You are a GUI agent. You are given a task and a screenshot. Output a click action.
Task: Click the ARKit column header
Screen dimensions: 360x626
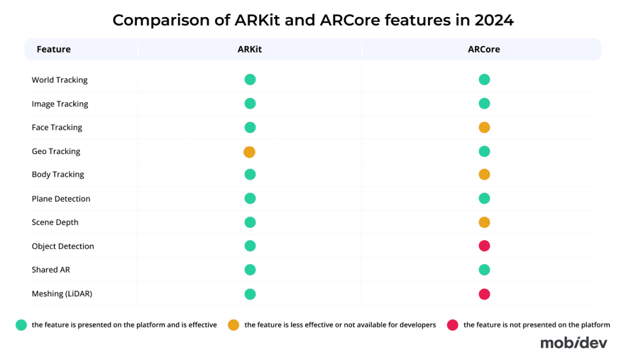tap(249, 50)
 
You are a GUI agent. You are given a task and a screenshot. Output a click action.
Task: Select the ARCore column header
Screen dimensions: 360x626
tap(484, 50)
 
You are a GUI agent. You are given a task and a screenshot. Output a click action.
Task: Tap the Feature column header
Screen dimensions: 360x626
tap(54, 50)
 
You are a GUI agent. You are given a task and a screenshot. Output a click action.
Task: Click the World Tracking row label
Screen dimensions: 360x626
tap(59, 80)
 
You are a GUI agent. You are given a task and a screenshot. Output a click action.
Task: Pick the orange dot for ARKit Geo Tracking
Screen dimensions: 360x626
tap(249, 152)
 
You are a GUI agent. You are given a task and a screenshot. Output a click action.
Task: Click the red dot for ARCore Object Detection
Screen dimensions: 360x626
tap(484, 246)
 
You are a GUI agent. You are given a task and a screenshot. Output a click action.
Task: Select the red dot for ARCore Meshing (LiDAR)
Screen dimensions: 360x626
tap(484, 294)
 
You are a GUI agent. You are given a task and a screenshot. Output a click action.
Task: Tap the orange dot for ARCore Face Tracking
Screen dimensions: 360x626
tap(484, 128)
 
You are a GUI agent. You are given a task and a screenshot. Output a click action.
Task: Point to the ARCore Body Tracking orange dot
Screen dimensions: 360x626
tap(484, 175)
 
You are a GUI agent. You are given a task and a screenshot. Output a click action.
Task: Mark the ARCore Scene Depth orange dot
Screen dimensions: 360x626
tap(484, 222)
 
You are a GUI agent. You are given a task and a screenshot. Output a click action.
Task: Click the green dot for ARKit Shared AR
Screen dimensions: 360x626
tap(249, 270)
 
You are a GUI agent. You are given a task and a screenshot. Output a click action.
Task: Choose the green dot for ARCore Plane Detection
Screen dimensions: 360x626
tap(484, 198)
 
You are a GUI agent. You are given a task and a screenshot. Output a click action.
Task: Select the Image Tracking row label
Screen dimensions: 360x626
tap(60, 104)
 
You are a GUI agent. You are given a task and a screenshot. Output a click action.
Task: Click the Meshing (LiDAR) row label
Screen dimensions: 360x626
tap(61, 294)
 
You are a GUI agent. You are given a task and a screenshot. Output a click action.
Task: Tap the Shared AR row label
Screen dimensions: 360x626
tap(51, 270)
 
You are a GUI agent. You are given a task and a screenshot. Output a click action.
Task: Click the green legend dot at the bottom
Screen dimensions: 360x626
tap(21, 325)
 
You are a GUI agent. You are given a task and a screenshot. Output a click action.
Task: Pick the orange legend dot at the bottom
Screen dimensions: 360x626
tap(233, 325)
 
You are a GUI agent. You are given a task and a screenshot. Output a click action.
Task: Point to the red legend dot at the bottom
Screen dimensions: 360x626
tap(453, 325)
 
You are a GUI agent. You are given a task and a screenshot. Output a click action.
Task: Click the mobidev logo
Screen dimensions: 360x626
tap(573, 343)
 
